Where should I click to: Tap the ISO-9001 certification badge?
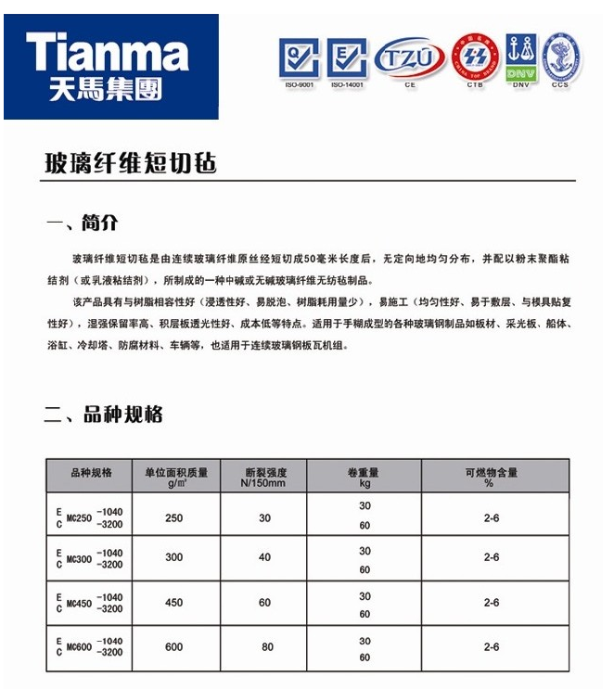click(299, 58)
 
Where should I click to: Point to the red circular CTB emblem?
click(476, 58)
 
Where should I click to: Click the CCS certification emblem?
click(560, 57)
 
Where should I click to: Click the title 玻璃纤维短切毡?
click(131, 163)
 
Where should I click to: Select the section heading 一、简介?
click(83, 223)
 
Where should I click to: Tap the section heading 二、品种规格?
click(104, 415)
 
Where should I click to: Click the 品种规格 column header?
click(91, 472)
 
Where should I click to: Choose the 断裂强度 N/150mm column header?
click(264, 477)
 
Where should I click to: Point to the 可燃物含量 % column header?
click(491, 477)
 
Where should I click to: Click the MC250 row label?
click(89, 517)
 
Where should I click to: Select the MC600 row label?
click(89, 646)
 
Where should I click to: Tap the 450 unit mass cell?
click(173, 603)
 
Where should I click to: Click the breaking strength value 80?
click(267, 646)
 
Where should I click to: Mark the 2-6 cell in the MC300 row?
click(492, 557)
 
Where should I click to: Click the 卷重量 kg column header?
click(365, 477)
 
